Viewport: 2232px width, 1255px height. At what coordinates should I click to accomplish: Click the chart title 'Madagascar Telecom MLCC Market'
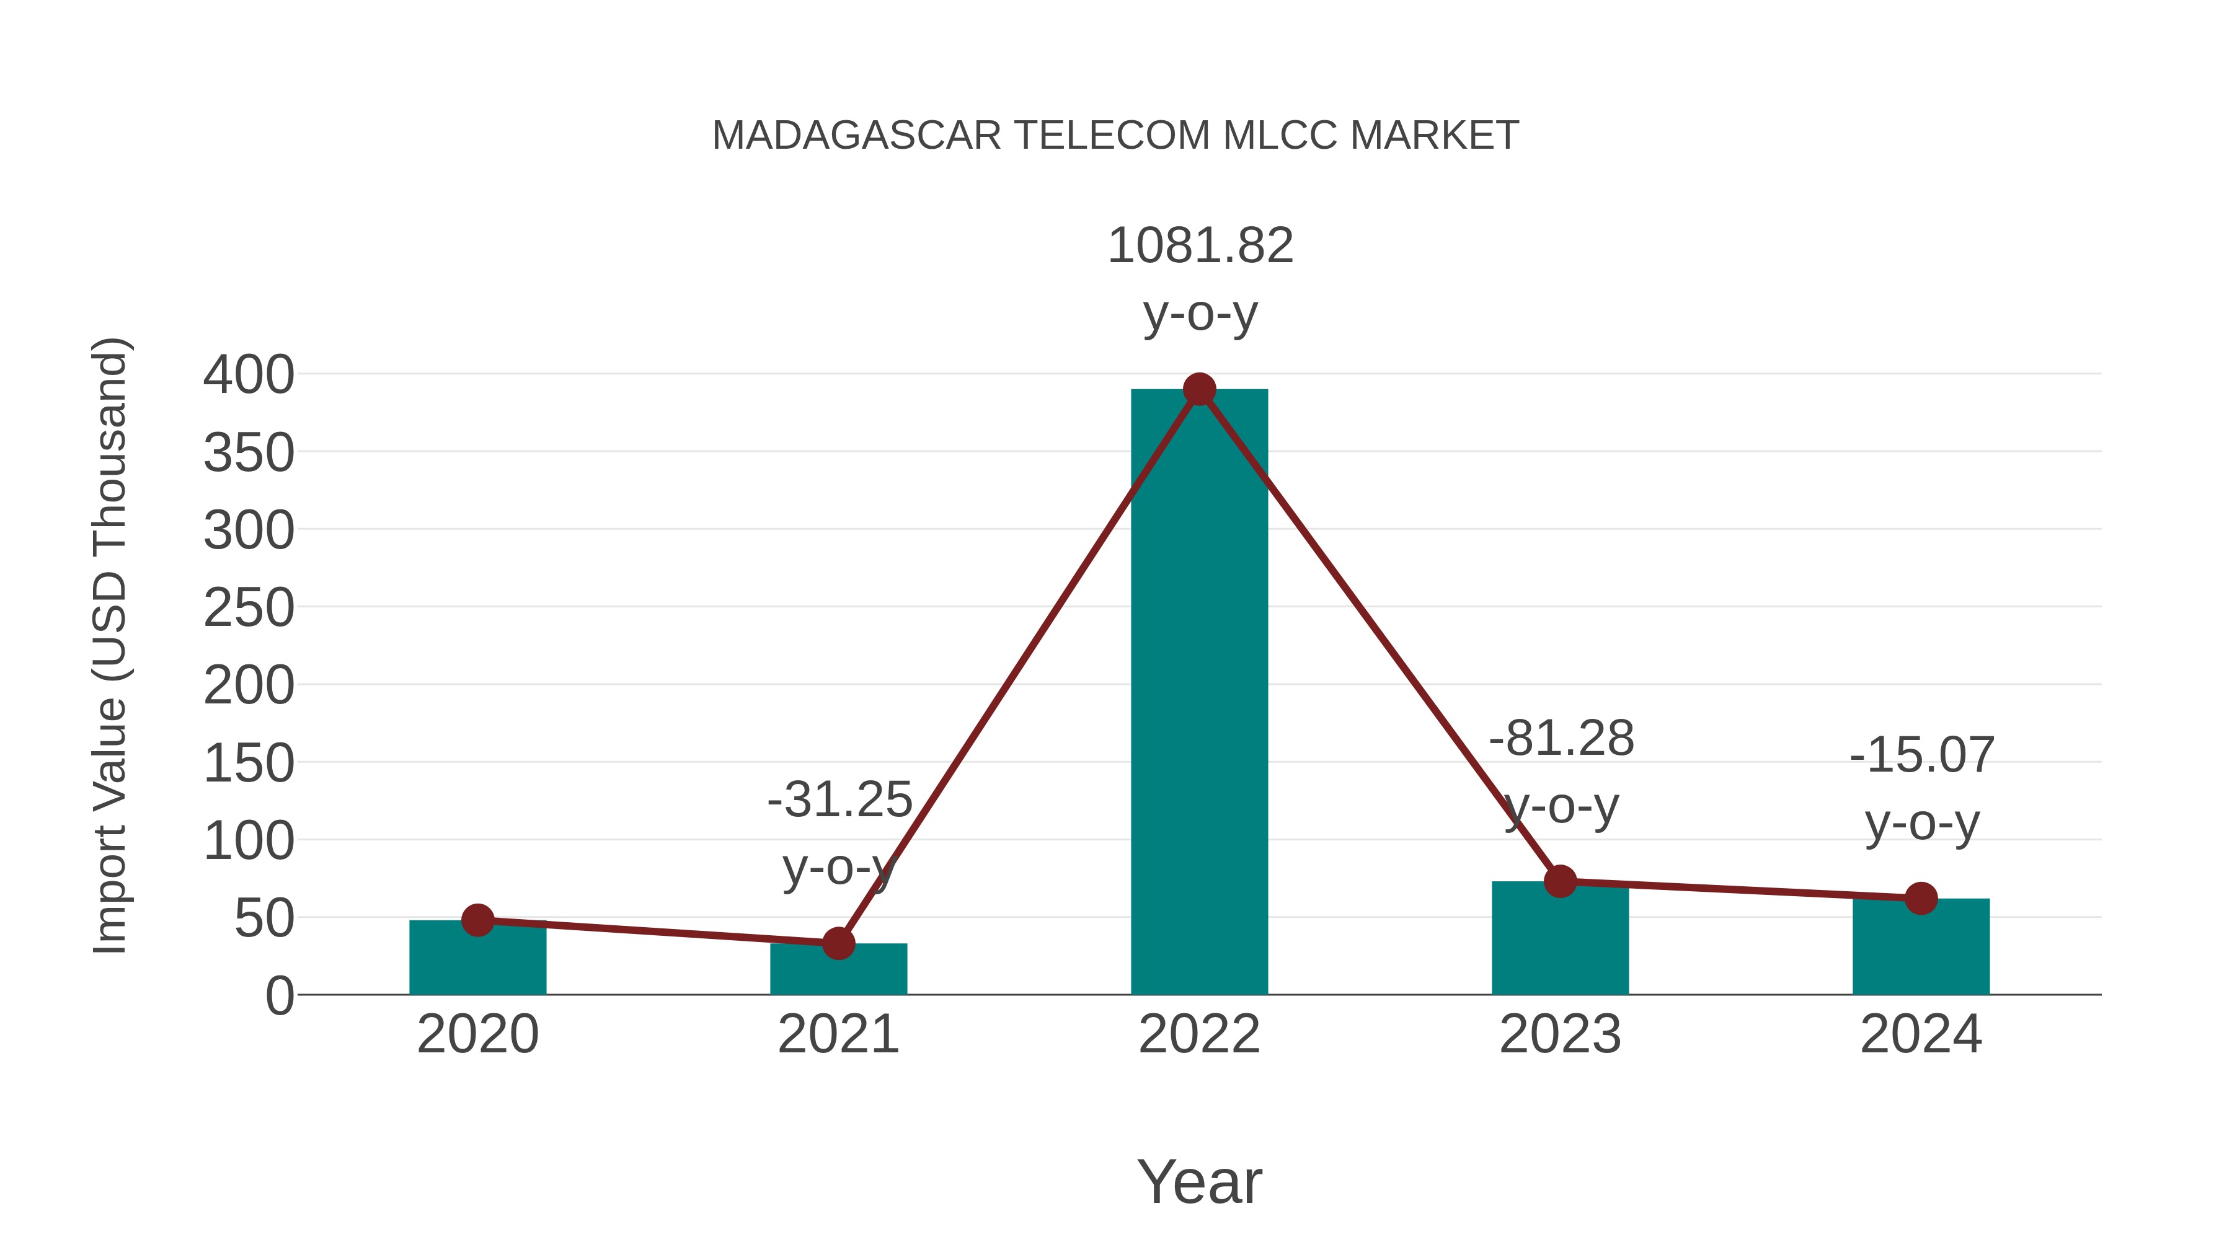point(1115,136)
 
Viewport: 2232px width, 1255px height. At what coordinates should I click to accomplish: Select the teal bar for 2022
point(1199,693)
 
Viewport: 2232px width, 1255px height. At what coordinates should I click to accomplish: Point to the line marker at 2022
point(1199,390)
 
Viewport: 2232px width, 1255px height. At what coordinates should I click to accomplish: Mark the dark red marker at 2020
point(477,920)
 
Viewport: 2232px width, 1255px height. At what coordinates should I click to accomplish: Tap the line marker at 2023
point(1560,882)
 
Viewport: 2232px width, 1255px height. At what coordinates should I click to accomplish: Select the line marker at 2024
point(1921,898)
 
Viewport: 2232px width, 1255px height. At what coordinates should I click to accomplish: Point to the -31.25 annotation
point(839,799)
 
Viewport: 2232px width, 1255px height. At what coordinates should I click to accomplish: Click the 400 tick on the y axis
point(249,376)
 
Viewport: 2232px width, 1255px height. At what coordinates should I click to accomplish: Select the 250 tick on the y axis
point(249,609)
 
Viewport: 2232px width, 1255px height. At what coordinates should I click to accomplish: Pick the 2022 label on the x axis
point(1199,1034)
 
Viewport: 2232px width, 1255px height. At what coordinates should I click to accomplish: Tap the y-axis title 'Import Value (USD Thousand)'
point(111,645)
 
